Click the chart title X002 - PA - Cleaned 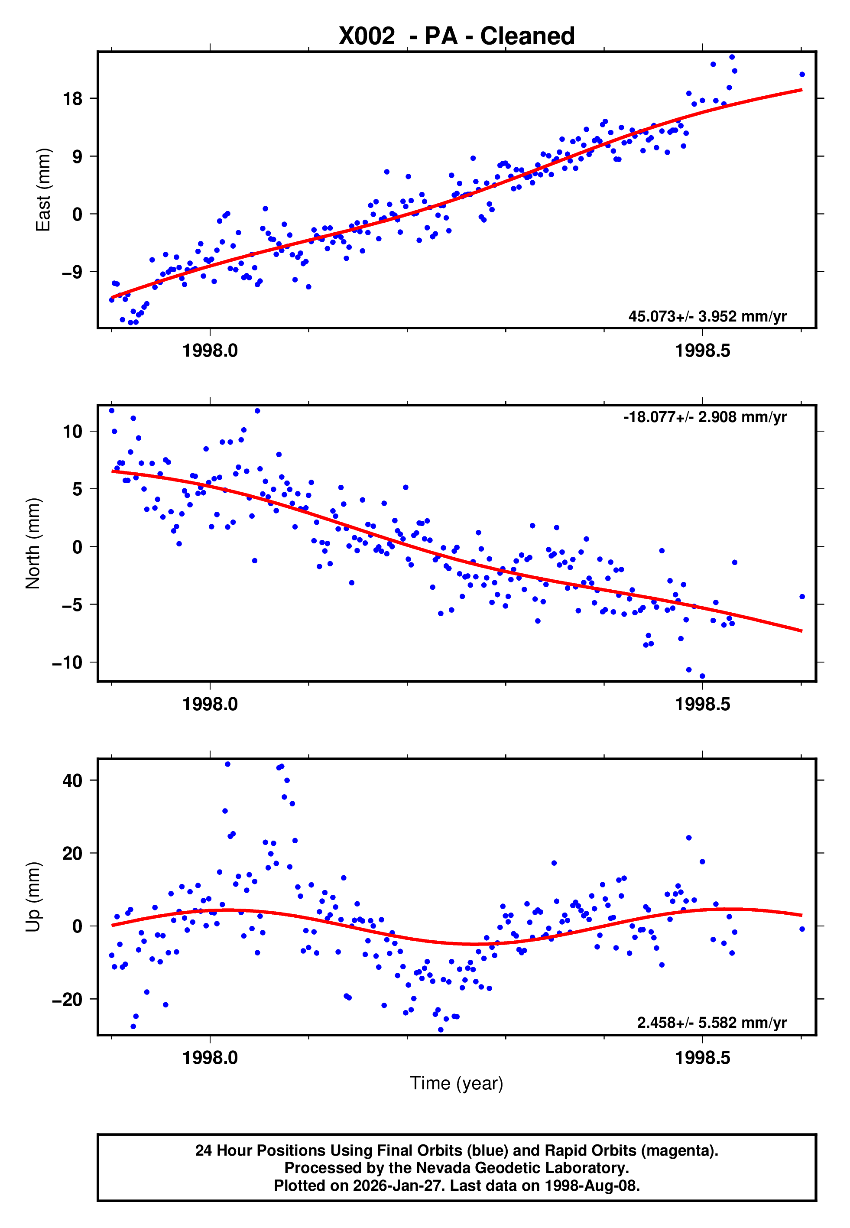[x=457, y=36]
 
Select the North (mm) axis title [x=33, y=543]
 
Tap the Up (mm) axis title [x=33, y=897]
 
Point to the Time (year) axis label [x=457, y=1083]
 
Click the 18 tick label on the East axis [x=73, y=98]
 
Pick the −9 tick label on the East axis [x=72, y=272]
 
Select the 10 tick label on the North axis [x=73, y=431]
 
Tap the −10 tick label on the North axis [x=67, y=663]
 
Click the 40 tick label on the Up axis [x=73, y=781]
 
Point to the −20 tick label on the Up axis [x=67, y=1000]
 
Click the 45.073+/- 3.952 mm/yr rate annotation [x=707, y=316]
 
